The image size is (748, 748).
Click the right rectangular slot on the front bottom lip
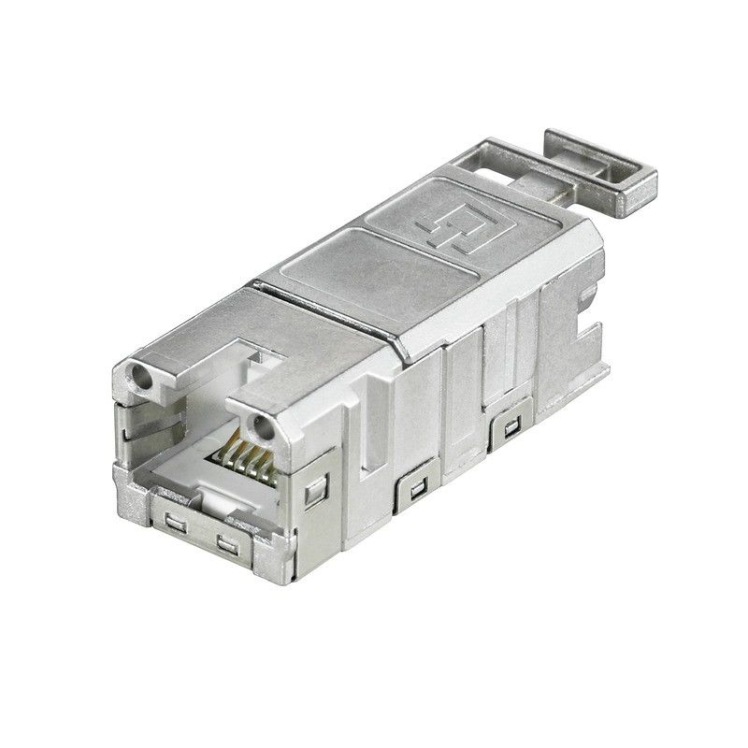coord(226,543)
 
